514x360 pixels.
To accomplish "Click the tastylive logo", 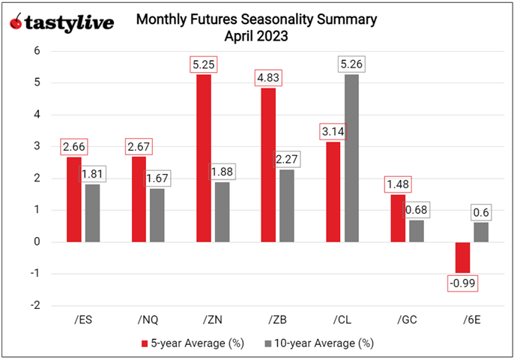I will [x=61, y=22].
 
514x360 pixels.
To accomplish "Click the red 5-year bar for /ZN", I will [x=203, y=157].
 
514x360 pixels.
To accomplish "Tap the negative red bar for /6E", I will [x=462, y=257].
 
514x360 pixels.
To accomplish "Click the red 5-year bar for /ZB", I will [x=267, y=164].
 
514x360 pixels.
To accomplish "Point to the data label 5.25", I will [x=203, y=65].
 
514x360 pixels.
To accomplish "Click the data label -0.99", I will [x=462, y=283].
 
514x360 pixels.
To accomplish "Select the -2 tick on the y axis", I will [x=33, y=305].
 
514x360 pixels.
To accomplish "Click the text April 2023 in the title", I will [x=256, y=34].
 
